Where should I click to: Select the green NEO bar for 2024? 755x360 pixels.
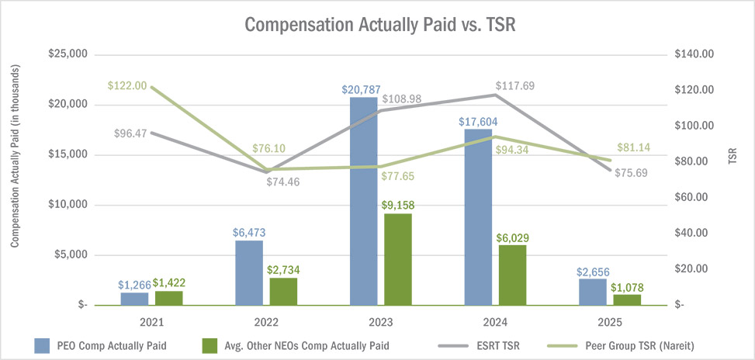point(512,275)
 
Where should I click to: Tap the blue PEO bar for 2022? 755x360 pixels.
point(249,272)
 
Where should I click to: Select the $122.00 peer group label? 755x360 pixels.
point(128,86)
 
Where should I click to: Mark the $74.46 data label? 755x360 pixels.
point(282,182)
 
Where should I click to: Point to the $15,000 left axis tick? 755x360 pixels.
point(67,154)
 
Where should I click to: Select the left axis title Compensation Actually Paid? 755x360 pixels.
point(15,157)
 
